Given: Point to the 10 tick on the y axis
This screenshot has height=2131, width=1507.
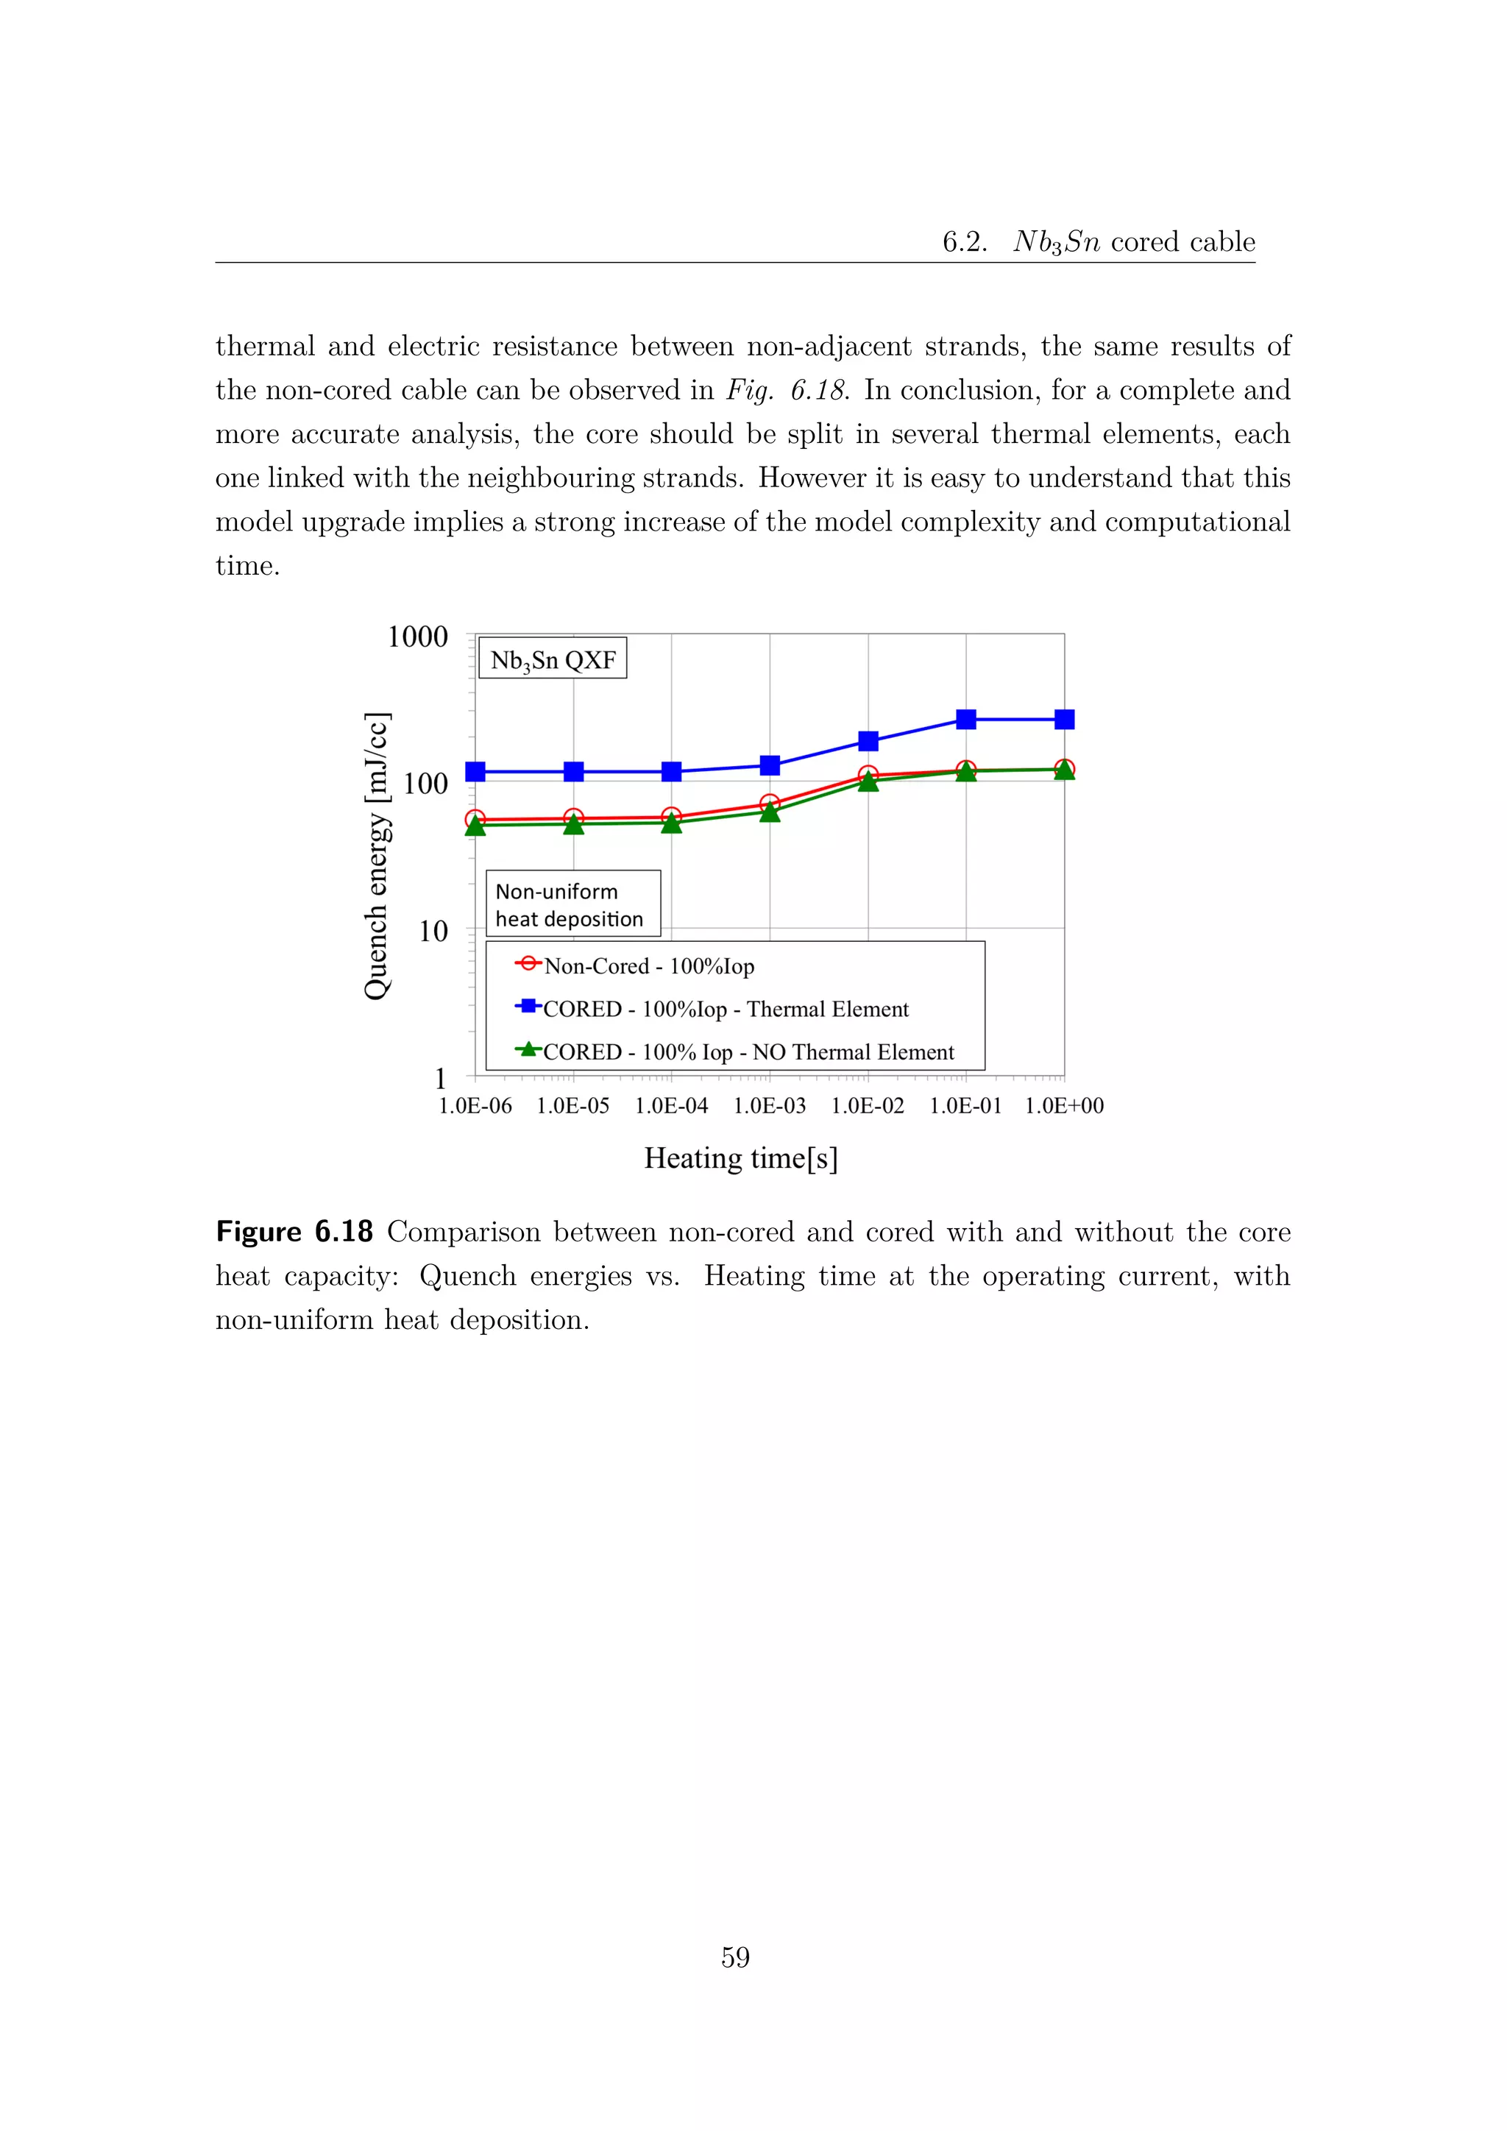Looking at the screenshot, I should click(x=433, y=931).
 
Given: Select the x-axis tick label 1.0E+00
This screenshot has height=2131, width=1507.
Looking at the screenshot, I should click(x=1063, y=1105).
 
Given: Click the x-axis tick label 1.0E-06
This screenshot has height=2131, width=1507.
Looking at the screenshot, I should click(x=475, y=1105).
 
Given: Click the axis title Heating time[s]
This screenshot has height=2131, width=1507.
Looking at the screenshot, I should click(x=740, y=1158).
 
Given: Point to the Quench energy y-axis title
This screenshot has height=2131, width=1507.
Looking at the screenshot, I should click(x=377, y=856).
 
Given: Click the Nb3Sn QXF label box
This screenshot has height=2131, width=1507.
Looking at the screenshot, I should click(x=553, y=660).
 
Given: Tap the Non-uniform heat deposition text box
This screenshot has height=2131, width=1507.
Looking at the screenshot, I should click(x=572, y=904).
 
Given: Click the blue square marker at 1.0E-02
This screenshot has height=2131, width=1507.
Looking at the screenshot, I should click(x=868, y=741).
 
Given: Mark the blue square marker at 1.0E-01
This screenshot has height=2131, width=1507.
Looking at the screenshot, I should click(x=966, y=720).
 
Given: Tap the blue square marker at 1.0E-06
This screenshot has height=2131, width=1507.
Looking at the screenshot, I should click(x=475, y=771).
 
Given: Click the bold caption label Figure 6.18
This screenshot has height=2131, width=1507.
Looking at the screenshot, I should click(x=294, y=1232).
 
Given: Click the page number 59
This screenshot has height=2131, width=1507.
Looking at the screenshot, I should click(x=735, y=1957).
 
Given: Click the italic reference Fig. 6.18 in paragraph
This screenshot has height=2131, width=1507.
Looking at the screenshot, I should click(x=787, y=390).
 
